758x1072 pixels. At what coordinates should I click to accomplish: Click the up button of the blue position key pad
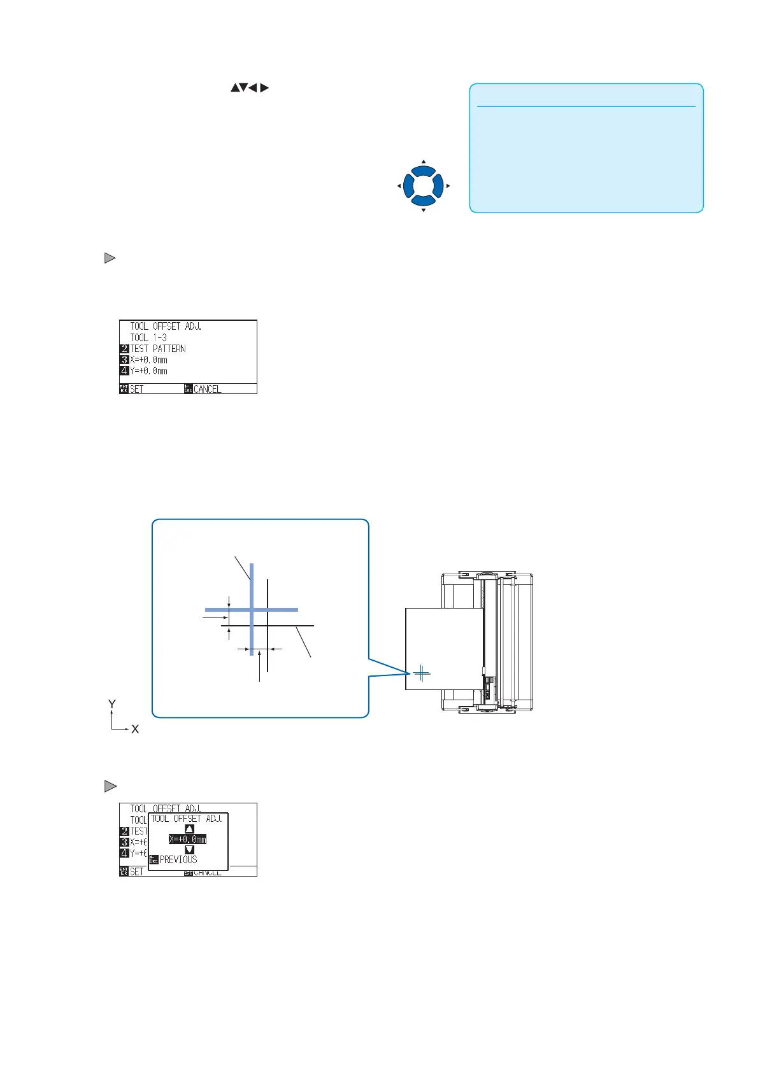tap(423, 171)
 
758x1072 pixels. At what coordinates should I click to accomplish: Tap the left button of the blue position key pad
tap(408, 186)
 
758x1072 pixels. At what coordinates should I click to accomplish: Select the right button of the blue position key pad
tap(438, 186)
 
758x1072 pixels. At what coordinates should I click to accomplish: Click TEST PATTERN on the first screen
tap(158, 349)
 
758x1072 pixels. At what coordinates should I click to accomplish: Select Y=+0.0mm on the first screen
tap(148, 371)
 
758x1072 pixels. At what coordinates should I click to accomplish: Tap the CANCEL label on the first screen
tap(207, 389)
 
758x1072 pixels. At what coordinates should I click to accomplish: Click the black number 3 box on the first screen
tap(124, 360)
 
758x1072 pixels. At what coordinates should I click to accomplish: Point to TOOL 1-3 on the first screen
tap(148, 337)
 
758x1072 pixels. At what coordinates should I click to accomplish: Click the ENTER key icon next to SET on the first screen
tap(124, 389)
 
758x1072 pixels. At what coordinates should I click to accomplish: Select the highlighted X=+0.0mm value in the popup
tap(187, 839)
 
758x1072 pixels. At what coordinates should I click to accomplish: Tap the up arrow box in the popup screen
tap(189, 829)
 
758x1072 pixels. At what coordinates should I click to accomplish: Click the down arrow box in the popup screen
tap(189, 849)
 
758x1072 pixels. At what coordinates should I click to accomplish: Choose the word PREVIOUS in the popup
tap(178, 859)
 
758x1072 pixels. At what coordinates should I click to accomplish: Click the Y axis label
tap(112, 703)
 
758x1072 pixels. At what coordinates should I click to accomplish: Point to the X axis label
tap(135, 730)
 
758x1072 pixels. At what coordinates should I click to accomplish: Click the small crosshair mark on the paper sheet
tap(422, 672)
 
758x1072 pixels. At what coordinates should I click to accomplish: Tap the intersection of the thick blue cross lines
tap(252, 610)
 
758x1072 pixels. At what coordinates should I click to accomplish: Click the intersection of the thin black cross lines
tap(268, 626)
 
